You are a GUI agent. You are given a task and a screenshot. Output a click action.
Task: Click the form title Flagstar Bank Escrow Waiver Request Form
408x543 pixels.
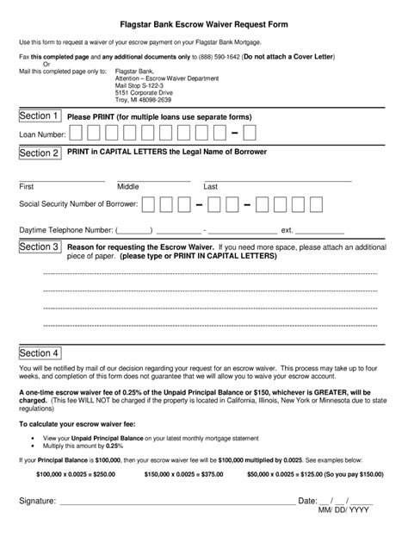coord(204,25)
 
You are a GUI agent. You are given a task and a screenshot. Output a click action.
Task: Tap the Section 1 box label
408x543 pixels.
coord(40,116)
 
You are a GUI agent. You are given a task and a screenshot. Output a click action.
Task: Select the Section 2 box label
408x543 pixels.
coord(40,153)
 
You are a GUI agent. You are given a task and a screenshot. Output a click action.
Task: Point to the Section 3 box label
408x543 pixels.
coord(40,247)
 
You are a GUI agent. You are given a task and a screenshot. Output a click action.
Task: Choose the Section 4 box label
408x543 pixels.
coord(40,353)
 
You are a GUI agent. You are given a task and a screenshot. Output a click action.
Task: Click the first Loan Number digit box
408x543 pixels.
coord(77,134)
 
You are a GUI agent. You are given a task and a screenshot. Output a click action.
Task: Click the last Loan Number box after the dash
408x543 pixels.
coord(249,134)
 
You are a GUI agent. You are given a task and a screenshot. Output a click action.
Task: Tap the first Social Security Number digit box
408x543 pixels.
coord(150,204)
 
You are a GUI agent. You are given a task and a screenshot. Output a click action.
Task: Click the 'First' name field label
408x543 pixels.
coord(27,186)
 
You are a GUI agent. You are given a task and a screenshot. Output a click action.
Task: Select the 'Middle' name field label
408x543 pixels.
coord(128,186)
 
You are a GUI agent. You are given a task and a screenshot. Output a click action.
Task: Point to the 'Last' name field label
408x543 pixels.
coord(210,186)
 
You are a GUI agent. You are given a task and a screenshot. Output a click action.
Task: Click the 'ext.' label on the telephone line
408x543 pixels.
coord(287,230)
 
